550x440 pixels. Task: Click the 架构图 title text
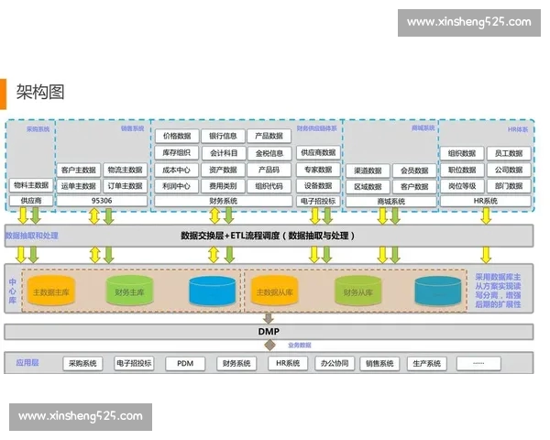(40, 92)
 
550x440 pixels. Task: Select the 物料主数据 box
(31, 185)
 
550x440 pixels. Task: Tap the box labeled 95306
(102, 200)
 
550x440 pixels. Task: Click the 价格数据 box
(177, 137)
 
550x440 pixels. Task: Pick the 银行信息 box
(223, 137)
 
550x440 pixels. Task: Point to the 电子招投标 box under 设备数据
(318, 200)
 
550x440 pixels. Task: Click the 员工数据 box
(508, 154)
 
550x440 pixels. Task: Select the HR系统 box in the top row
(485, 200)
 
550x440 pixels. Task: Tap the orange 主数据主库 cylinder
(51, 292)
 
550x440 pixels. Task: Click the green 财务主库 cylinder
(129, 292)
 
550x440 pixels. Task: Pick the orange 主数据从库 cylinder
(272, 292)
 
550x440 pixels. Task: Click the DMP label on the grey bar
(269, 331)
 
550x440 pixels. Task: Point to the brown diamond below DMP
(269, 345)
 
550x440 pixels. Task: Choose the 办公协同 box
(335, 364)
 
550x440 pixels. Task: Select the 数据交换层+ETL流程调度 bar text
(268, 236)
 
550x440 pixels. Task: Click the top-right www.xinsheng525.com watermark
(468, 22)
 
